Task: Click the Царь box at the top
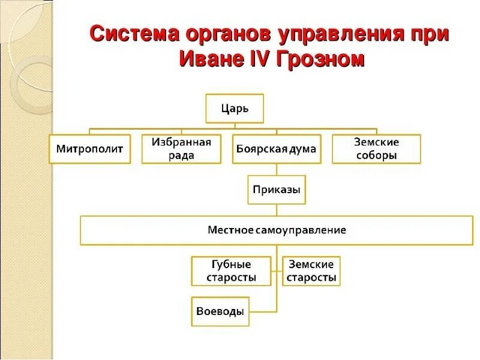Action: pos(235,109)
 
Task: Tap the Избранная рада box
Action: pos(181,149)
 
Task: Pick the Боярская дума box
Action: pos(277,149)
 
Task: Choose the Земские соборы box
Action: pos(376,149)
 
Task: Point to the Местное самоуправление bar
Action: pos(277,230)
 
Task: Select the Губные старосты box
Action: pos(231,271)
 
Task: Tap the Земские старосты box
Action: pos(311,271)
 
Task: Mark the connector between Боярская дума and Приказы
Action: pos(277,169)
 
